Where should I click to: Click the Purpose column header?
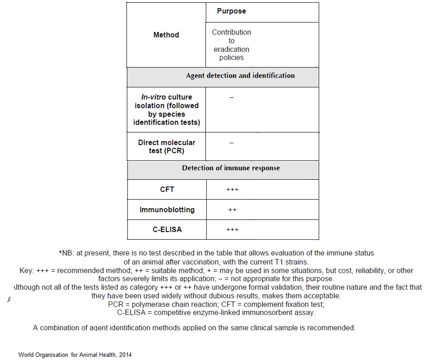(x=231, y=11)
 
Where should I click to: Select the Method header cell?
(x=166, y=35)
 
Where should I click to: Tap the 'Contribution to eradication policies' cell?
(x=231, y=45)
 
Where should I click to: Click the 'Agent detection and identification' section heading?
(x=240, y=76)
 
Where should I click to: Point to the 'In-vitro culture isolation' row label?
(x=167, y=109)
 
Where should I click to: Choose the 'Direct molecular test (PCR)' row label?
(x=167, y=146)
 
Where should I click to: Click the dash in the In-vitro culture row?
(x=231, y=97)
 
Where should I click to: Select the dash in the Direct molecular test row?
(x=231, y=143)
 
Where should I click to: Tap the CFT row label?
(x=167, y=189)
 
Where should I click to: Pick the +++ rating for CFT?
(x=232, y=190)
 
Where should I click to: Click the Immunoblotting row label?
(x=167, y=210)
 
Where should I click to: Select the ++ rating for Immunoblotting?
(x=232, y=210)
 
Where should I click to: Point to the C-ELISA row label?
(x=167, y=229)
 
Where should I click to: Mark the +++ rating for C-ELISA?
(x=232, y=230)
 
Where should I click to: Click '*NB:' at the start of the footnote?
(x=67, y=253)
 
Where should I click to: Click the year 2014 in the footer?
(x=124, y=355)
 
